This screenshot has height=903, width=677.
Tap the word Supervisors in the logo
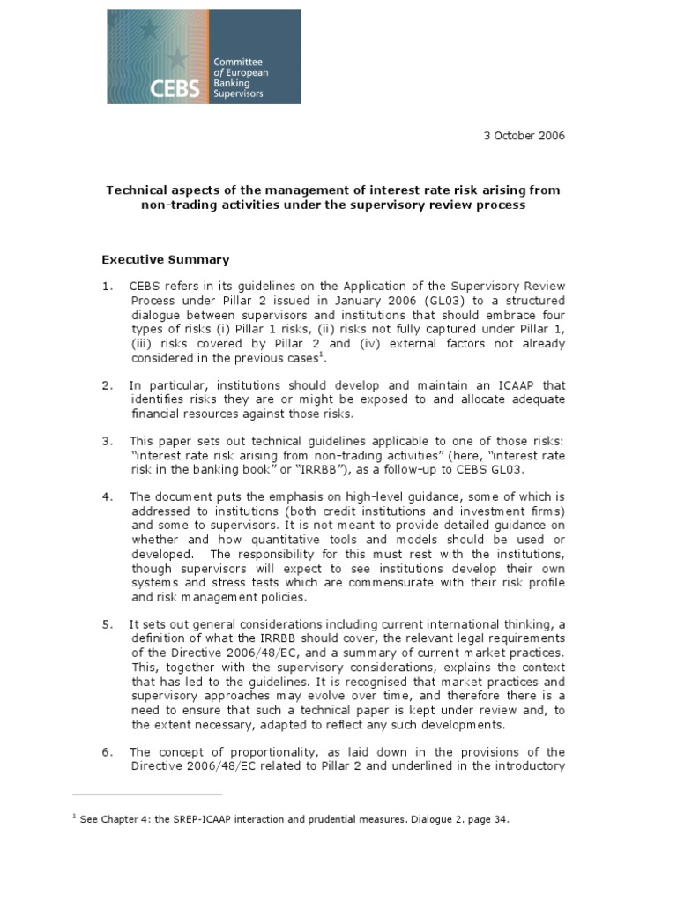pos(239,93)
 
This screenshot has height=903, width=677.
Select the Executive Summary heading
pos(166,259)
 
